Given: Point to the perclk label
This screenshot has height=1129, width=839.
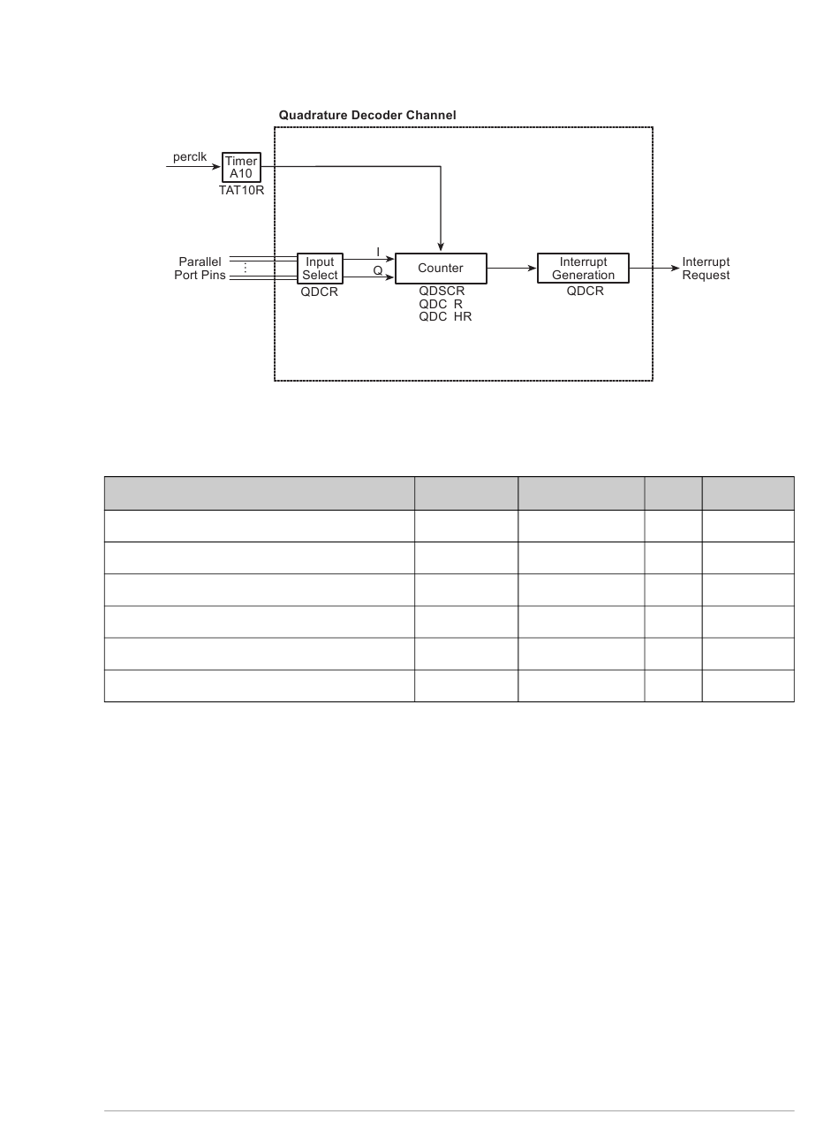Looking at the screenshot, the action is pos(189,156).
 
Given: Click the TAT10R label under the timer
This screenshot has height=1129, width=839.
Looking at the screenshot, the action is pos(241,190).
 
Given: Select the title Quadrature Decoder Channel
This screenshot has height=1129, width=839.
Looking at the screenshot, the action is pos(367,115).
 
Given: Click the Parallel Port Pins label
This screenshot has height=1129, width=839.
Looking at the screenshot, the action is pos(200,269).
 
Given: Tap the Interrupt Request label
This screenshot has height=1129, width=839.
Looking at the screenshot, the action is pos(706,269).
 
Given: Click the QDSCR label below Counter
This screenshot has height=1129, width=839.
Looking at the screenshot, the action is pos(442,292).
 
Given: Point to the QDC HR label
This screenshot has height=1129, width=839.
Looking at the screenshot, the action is pos(445,316).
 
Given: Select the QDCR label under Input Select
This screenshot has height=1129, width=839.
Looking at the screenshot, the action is pos(319,292).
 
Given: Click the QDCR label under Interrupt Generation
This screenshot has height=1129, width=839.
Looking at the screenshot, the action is pos(585,292).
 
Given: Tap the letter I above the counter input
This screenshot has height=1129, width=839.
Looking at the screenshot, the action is pos(378,252).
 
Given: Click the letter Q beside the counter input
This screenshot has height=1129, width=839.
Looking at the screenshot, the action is pos(378,270).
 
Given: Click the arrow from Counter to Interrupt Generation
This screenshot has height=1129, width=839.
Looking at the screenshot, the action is pos(511,269).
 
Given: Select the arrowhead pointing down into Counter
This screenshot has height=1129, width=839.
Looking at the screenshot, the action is pos(441,246).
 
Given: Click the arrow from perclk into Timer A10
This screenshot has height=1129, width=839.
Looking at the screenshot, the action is pos(193,167).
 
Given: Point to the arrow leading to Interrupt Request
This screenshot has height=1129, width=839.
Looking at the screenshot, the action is pos(654,269).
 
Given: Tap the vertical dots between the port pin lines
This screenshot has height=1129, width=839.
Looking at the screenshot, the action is pos(246,268).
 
